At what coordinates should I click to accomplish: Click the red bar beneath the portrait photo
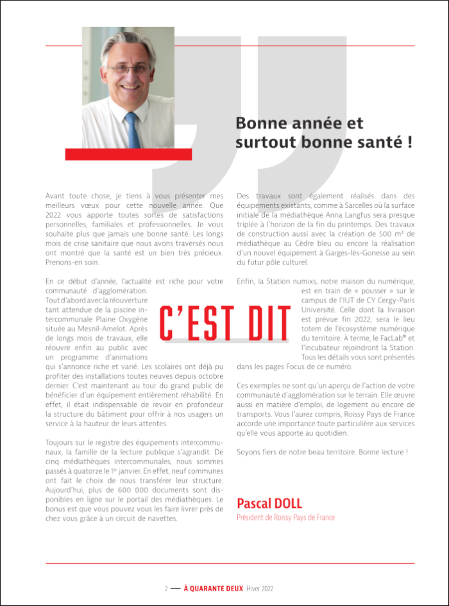(x=128, y=154)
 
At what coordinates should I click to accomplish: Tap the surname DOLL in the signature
(x=284, y=503)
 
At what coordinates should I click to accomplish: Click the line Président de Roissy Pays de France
(x=285, y=517)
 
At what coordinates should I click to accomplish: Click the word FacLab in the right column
(x=384, y=338)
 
